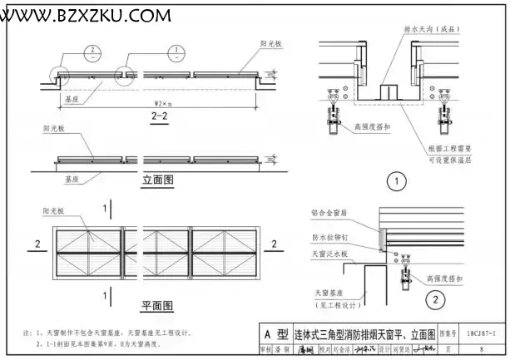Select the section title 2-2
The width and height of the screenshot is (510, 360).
click(x=161, y=117)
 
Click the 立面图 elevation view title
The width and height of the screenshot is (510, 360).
click(x=157, y=180)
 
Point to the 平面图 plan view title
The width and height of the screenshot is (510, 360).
click(x=156, y=304)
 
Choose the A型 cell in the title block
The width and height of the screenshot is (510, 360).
click(x=275, y=335)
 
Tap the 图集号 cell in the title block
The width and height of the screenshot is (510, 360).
click(x=448, y=334)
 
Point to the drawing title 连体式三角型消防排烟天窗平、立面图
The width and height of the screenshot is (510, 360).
click(x=364, y=335)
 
